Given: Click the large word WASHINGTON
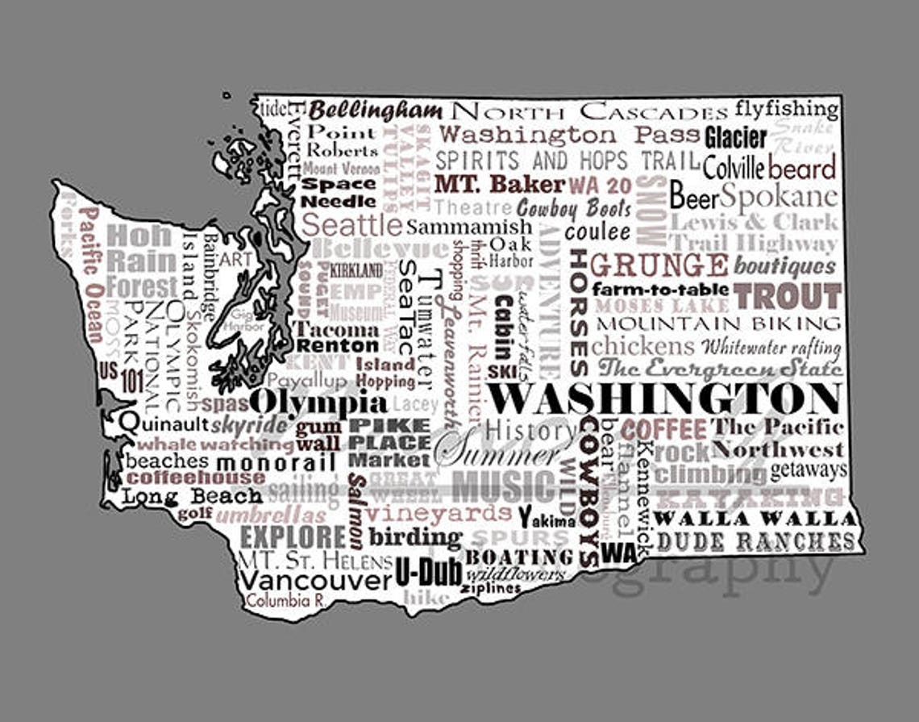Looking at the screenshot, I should (x=665, y=399).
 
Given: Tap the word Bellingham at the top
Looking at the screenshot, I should (x=376, y=111).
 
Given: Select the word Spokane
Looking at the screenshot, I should (x=779, y=196).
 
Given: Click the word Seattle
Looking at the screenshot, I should (x=351, y=224).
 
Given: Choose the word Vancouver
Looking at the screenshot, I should (x=315, y=579).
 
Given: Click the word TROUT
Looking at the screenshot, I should (x=788, y=296).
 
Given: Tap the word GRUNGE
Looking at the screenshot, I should (x=659, y=265).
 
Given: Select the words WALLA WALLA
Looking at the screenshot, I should (x=755, y=518).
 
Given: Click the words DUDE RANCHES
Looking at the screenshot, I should (x=755, y=540).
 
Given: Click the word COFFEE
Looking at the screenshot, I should (x=663, y=428).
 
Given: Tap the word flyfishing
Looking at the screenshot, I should (x=786, y=108).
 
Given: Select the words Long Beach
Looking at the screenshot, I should (x=192, y=496).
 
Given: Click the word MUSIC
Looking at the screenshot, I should (x=503, y=487).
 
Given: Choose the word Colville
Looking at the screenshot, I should (x=733, y=168).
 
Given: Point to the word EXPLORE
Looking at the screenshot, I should (x=293, y=536).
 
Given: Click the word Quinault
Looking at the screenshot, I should (x=164, y=423).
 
